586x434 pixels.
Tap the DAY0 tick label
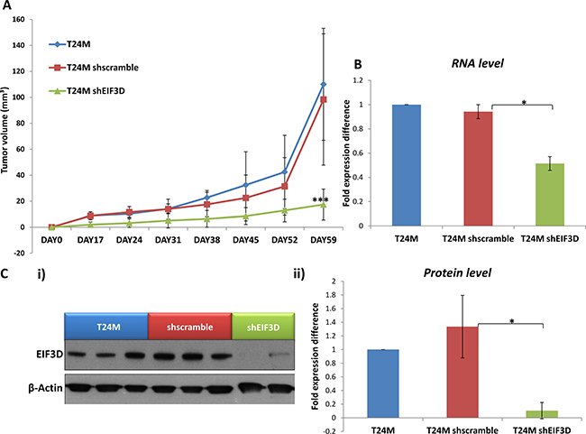tap(51, 240)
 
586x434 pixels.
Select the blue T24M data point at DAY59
tap(322, 85)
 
